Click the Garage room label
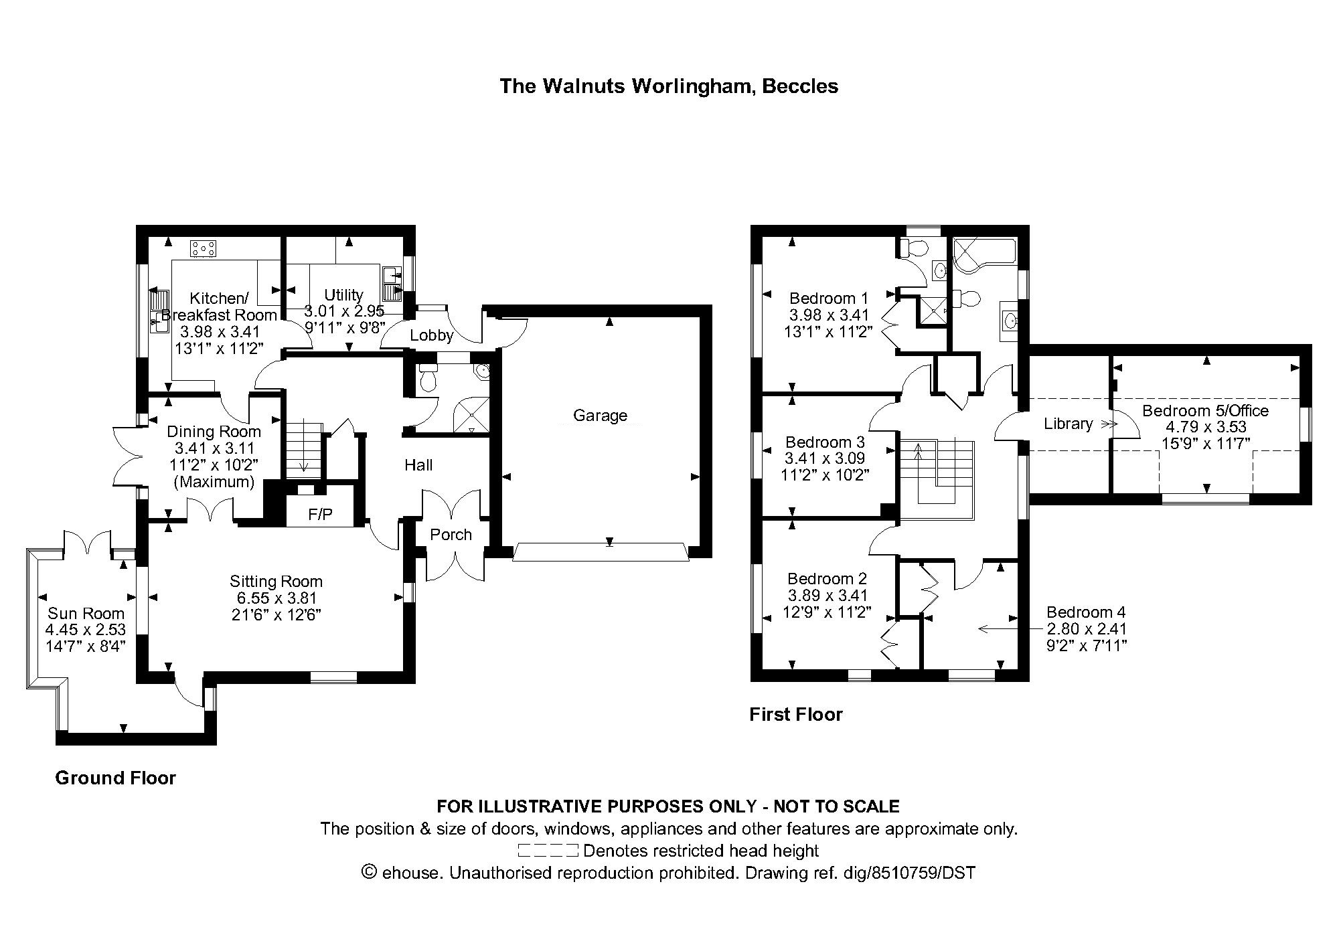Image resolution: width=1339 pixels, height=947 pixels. pyautogui.click(x=600, y=416)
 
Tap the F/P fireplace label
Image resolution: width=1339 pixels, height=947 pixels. pyautogui.click(x=320, y=514)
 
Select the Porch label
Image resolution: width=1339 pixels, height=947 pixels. pyautogui.click(x=451, y=534)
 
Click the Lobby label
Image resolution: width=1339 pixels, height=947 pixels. pyautogui.click(x=432, y=335)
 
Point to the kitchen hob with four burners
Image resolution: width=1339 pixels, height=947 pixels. pyautogui.click(x=204, y=249)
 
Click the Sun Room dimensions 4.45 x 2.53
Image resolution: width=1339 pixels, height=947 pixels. pyautogui.click(x=86, y=630)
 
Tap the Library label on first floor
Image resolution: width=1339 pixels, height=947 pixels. pyautogui.click(x=1068, y=424)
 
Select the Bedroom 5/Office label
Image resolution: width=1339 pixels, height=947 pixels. pyautogui.click(x=1205, y=410)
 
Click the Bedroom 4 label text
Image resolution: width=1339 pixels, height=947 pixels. pyautogui.click(x=1086, y=612)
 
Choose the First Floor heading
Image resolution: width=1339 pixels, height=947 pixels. pyautogui.click(x=795, y=715)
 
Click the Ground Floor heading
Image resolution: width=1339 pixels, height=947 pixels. pyautogui.click(x=115, y=778)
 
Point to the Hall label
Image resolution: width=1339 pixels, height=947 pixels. pyautogui.click(x=418, y=465)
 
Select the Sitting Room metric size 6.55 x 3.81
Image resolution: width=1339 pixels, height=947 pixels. pyautogui.click(x=276, y=598)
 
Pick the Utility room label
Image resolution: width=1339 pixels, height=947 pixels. pyautogui.click(x=343, y=295)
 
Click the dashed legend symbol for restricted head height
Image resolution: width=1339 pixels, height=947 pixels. pyautogui.click(x=548, y=851)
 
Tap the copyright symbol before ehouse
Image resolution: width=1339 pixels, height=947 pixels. pyautogui.click(x=368, y=872)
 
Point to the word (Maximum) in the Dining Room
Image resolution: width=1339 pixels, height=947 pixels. pyautogui.click(x=214, y=482)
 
